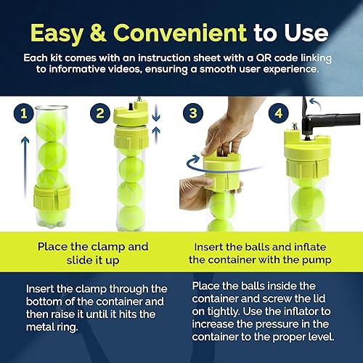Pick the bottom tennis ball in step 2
(x=131, y=218)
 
